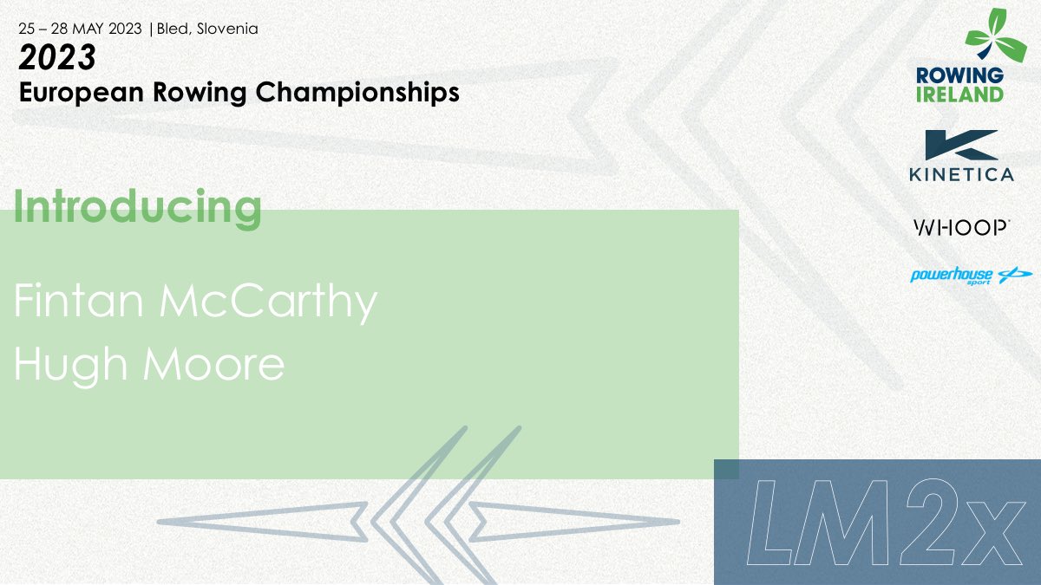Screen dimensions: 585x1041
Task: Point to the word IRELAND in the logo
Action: pyautogui.click(x=960, y=94)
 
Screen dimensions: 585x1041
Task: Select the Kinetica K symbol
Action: pyautogui.click(x=960, y=145)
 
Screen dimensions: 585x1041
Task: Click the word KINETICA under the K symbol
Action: pyautogui.click(x=960, y=175)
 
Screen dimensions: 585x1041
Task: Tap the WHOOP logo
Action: pyautogui.click(x=960, y=228)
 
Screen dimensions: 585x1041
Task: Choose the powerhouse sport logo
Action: pyautogui.click(x=970, y=276)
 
